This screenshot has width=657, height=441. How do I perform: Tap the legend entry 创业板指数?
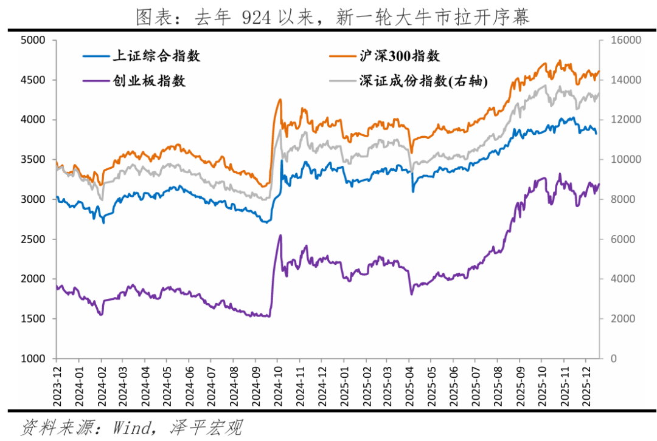[149, 81]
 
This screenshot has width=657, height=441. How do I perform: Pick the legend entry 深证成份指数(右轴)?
[423, 81]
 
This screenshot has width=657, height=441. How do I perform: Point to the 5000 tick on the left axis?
[33, 40]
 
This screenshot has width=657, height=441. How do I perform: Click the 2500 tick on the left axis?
[33, 239]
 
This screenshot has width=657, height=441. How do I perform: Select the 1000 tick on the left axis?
[33, 358]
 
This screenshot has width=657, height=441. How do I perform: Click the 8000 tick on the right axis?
[619, 199]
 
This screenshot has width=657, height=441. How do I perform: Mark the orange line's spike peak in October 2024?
[280, 100]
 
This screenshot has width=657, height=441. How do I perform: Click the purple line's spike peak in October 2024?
[280, 235]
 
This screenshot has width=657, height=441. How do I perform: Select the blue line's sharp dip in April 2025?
[412, 192]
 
